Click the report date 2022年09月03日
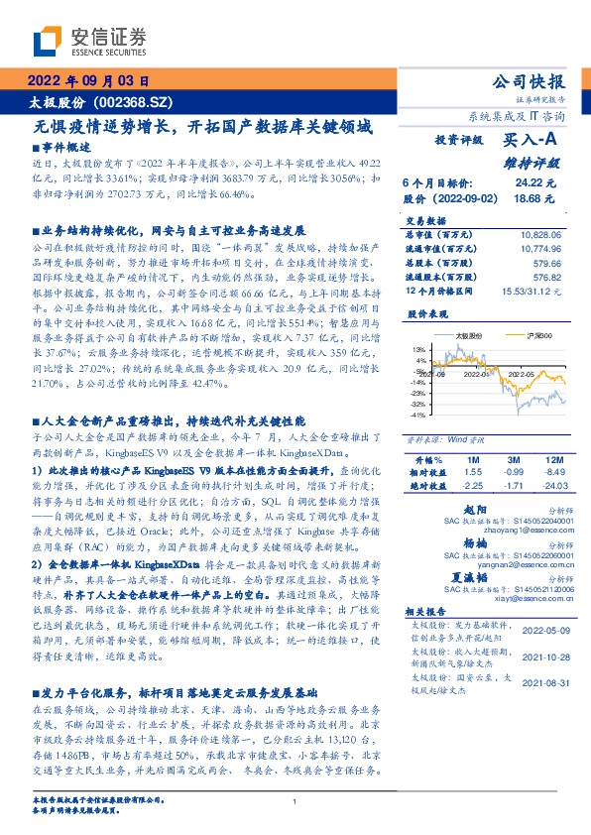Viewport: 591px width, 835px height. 86,82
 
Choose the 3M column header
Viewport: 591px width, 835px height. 513,460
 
